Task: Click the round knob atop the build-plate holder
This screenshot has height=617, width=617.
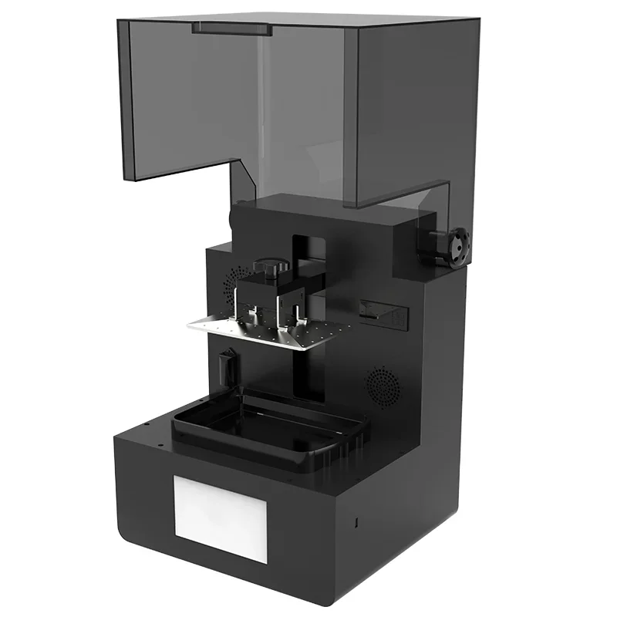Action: [x=268, y=267]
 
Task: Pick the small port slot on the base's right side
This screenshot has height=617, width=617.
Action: [x=356, y=524]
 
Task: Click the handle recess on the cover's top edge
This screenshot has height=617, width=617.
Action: [x=231, y=29]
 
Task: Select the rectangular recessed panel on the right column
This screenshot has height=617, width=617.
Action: [x=383, y=312]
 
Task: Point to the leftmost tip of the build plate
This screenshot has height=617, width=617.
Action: [x=188, y=325]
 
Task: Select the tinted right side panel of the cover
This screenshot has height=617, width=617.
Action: [x=409, y=108]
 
